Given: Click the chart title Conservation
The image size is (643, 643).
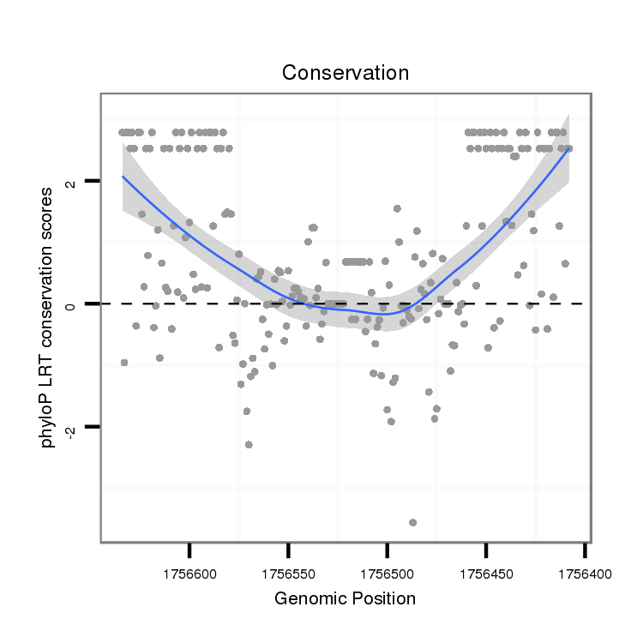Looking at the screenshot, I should pyautogui.click(x=346, y=73).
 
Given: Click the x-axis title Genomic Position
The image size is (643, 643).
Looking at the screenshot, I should pyautogui.click(x=345, y=598).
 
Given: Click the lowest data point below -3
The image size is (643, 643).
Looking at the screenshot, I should pyautogui.click(x=412, y=522).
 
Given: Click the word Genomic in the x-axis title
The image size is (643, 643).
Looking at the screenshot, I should pyautogui.click(x=304, y=598).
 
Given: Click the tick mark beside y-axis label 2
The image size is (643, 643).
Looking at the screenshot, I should pyautogui.click(x=93, y=180).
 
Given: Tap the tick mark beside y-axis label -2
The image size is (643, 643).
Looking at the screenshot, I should pyautogui.click(x=93, y=426).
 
